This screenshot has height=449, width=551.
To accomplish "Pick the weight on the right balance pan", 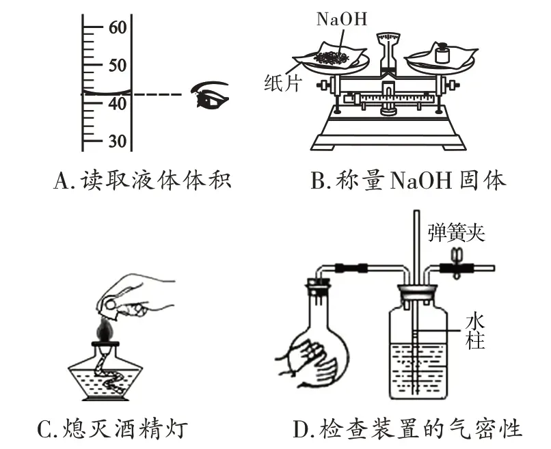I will pyautogui.click(x=442, y=53).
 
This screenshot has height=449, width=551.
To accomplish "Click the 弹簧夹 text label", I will pyautogui.click(x=456, y=232).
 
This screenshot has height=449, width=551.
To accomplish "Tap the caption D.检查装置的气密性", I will pyautogui.click(x=407, y=429).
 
